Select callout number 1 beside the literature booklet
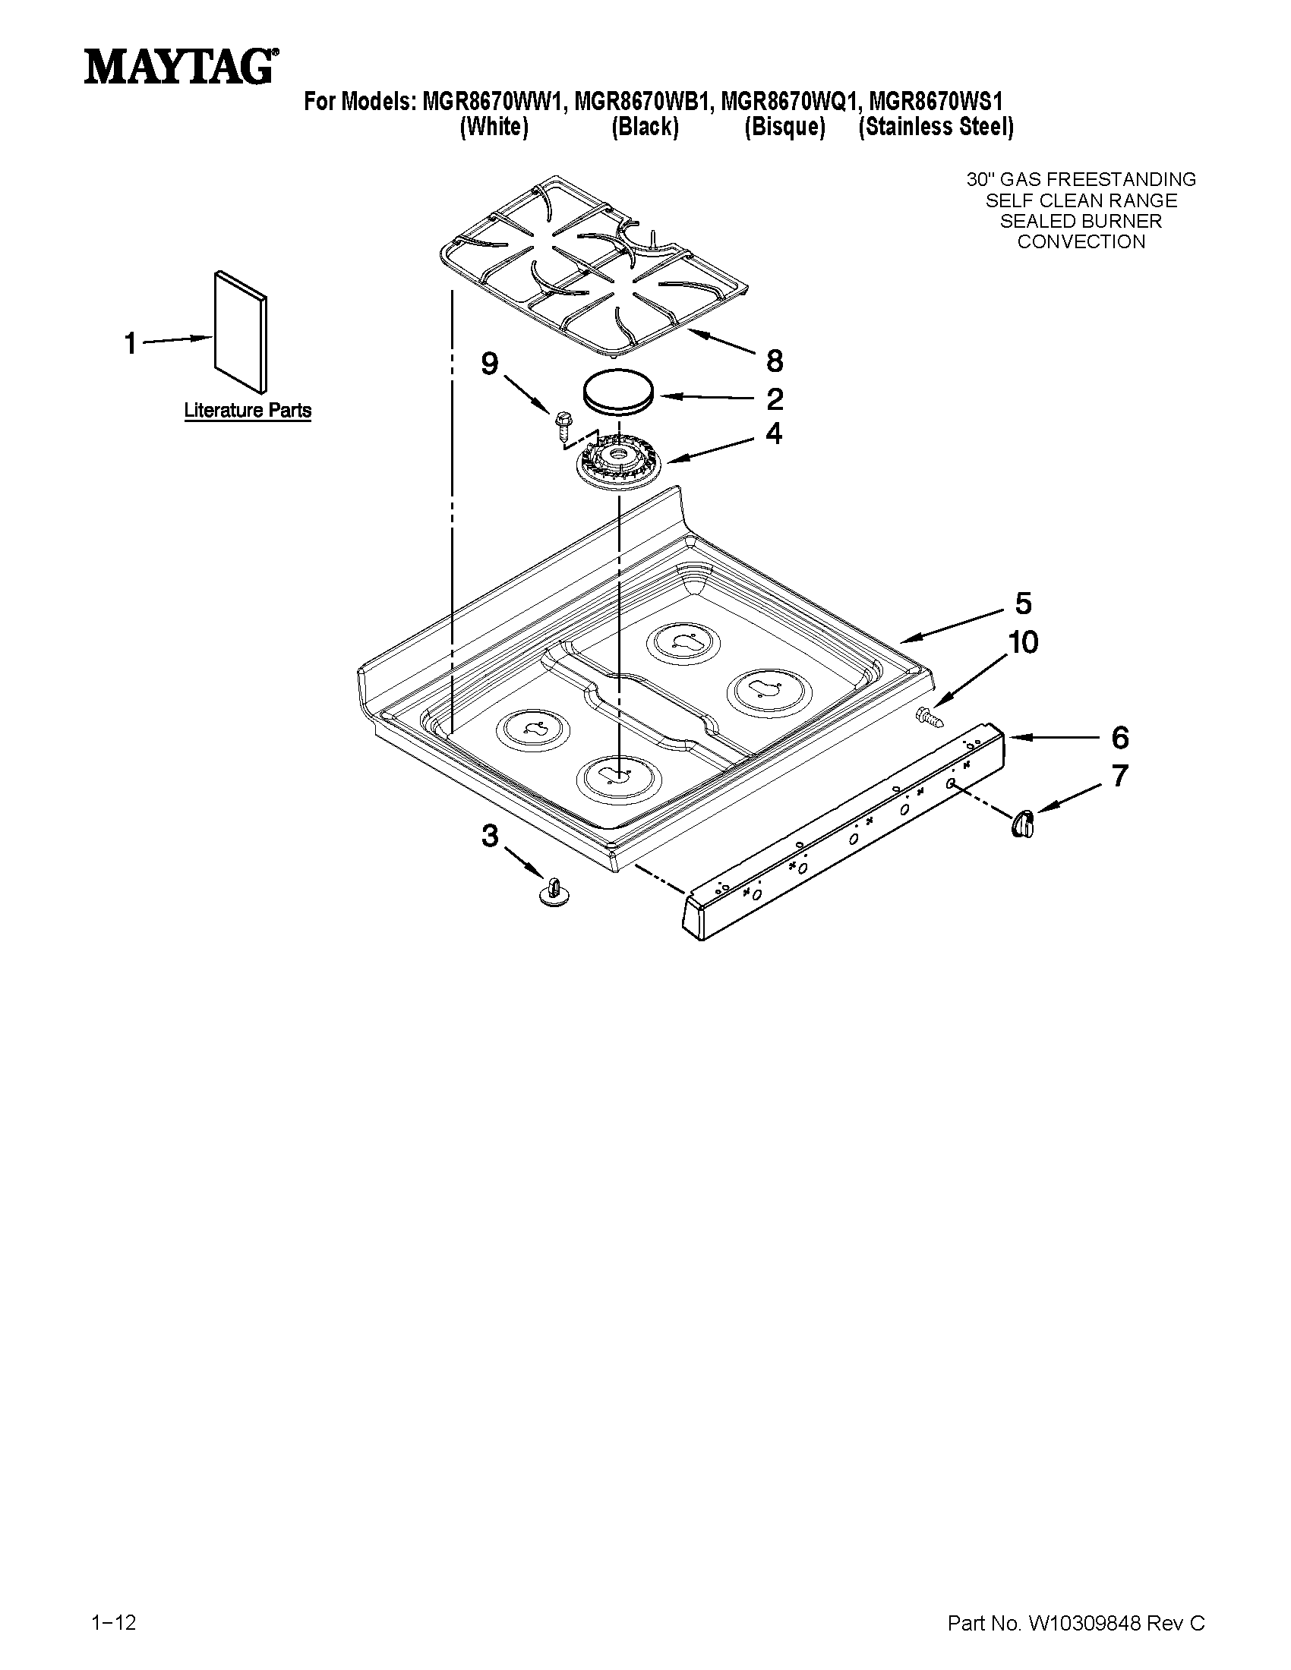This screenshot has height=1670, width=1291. [131, 343]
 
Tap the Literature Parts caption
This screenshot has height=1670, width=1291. [247, 411]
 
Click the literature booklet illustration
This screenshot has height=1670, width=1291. [241, 329]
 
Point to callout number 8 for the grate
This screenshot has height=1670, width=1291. [774, 360]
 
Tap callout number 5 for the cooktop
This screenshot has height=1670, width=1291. [1024, 603]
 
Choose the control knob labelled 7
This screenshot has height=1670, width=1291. [1024, 824]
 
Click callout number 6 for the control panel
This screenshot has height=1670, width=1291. [1119, 738]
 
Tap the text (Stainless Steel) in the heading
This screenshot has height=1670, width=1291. [936, 127]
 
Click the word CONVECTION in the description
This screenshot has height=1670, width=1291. [1081, 241]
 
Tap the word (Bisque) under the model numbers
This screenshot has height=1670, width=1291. [784, 127]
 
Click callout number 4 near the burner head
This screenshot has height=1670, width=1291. [774, 434]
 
